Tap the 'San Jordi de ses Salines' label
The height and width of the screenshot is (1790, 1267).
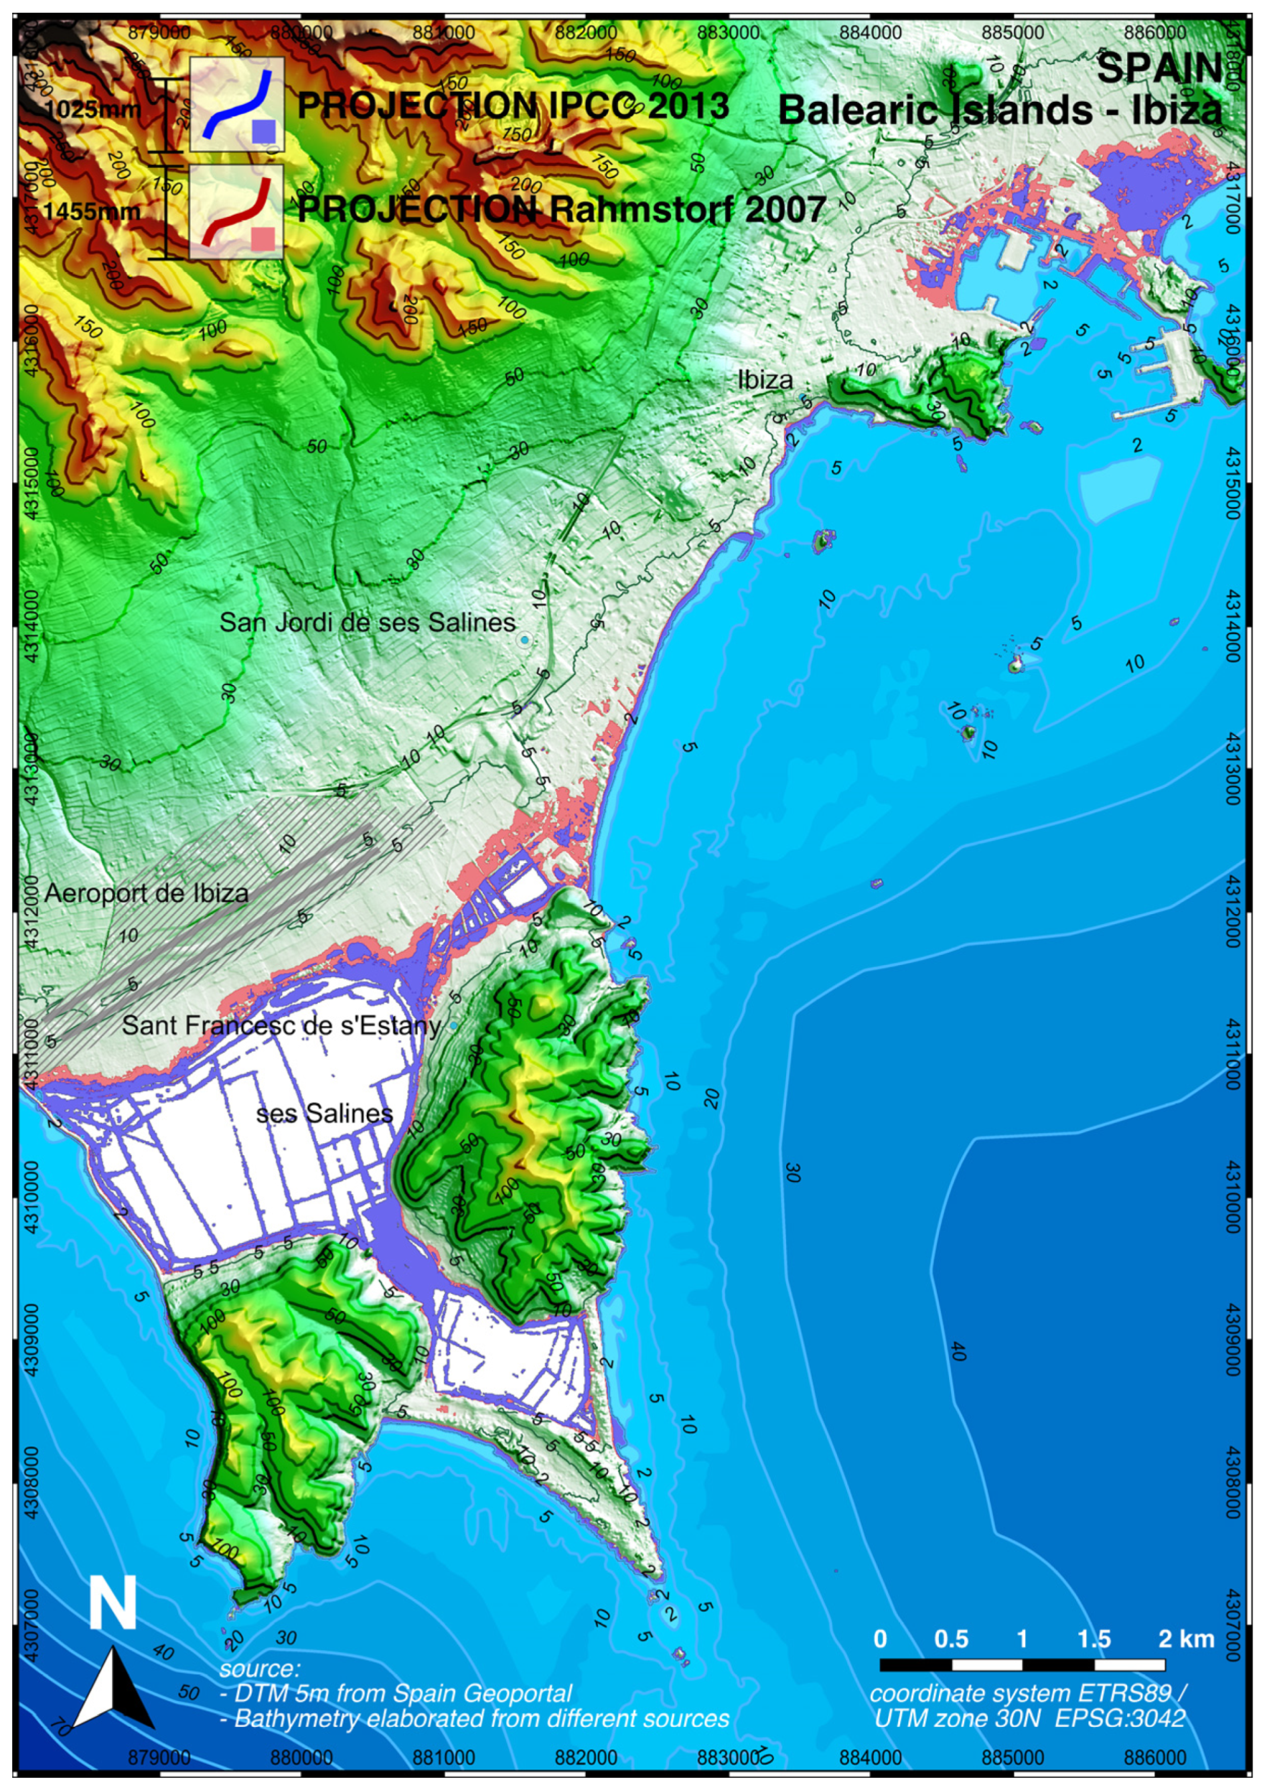click(368, 621)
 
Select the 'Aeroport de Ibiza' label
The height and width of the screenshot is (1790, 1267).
click(147, 893)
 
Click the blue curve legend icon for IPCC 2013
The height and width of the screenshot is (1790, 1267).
click(236, 104)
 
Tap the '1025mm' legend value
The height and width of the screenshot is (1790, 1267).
click(92, 108)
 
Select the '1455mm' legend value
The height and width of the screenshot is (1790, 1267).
click(92, 212)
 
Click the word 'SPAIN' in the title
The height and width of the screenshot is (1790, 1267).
click(1159, 68)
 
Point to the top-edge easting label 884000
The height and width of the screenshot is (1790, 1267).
click(872, 33)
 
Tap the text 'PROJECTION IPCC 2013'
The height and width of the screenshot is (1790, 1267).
click(514, 105)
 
